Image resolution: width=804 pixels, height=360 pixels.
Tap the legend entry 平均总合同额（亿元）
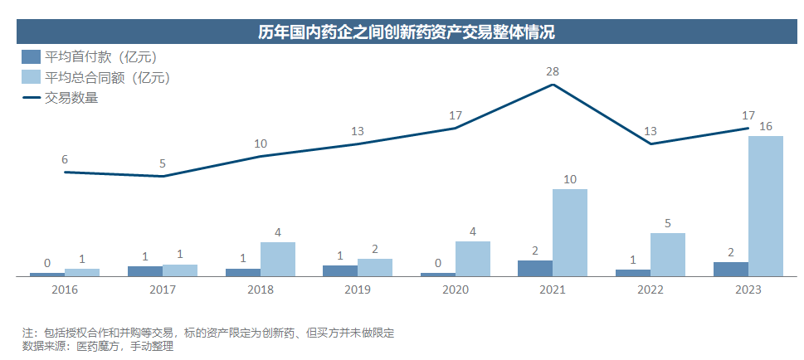[x=95, y=78]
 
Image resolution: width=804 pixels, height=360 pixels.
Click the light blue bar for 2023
[x=766, y=206]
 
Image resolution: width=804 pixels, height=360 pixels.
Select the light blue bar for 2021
[x=570, y=232]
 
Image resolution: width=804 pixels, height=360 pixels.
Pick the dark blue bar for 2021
[x=535, y=268]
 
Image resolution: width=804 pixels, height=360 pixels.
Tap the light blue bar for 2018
[x=278, y=259]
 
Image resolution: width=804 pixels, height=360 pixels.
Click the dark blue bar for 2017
[x=145, y=270]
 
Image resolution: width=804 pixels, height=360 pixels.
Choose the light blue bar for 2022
[x=668, y=254]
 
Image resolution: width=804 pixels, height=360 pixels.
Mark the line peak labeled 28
[x=553, y=84]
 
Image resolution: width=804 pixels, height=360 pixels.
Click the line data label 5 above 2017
[x=163, y=163]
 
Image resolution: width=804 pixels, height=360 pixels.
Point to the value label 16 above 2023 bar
[x=766, y=126]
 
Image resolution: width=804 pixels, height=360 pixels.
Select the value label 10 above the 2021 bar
[x=570, y=179]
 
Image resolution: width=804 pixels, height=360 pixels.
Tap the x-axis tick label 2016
[x=65, y=289]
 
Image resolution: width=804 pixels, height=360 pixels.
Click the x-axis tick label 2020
[x=456, y=289]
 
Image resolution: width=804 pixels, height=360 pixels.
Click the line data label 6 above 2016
[x=65, y=159]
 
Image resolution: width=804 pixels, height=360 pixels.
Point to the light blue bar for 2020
[x=473, y=259]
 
